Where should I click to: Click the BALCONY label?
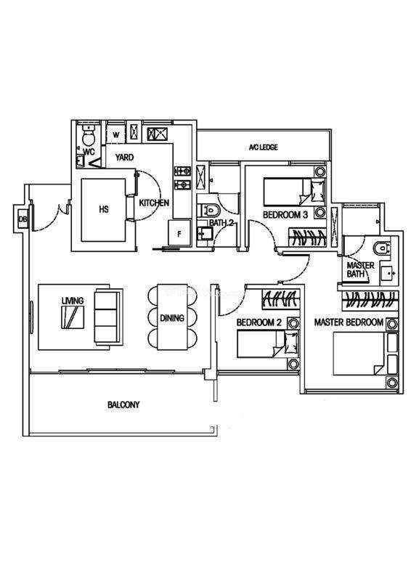coord(123,405)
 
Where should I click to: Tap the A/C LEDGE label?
coord(263,147)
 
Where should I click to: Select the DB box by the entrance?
coord(23,219)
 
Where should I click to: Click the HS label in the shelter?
coord(104,209)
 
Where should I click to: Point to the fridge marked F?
coord(179,233)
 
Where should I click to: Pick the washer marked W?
coord(116,135)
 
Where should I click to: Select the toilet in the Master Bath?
coord(382,248)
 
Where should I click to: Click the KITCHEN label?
coord(154,203)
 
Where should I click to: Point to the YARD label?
coord(124,158)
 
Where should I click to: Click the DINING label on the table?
coord(172,318)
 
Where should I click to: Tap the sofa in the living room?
coord(108,317)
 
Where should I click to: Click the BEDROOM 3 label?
coord(285,215)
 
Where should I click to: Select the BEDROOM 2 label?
coord(259,322)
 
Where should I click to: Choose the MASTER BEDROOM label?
coord(349,322)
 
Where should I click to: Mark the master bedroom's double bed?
coord(365,353)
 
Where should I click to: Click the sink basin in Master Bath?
coord(389,273)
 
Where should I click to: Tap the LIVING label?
coord(73,301)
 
